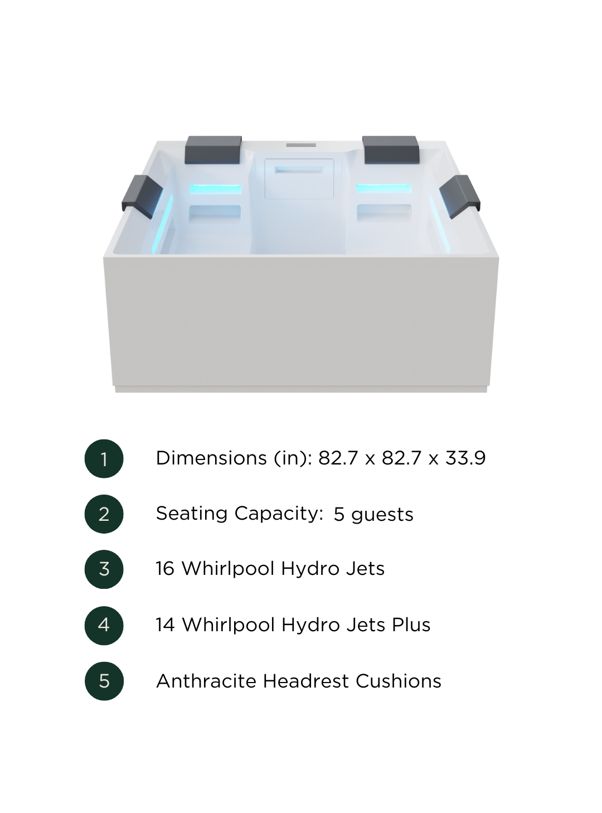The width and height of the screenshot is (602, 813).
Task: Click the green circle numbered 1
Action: coord(104,458)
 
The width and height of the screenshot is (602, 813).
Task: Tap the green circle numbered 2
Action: coord(104,514)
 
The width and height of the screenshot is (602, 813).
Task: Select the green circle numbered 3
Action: coord(104,569)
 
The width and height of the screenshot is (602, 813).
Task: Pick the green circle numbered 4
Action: coord(104,625)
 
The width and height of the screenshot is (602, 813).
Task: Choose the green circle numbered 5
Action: coord(104,681)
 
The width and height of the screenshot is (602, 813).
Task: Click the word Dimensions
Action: coord(211,458)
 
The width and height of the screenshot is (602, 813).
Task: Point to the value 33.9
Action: coord(465,458)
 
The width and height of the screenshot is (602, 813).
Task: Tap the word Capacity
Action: coord(279,514)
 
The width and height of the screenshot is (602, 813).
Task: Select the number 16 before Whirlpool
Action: coord(165,569)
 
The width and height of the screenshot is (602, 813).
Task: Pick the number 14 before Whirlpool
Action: coord(165,625)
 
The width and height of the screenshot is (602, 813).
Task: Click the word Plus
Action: coord(411,625)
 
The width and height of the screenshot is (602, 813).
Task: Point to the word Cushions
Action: coord(399,681)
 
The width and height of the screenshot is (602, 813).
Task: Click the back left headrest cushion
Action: coord(213,150)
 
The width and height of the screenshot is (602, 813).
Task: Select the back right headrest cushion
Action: coord(391,150)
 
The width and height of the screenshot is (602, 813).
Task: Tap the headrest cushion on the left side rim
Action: coord(142,197)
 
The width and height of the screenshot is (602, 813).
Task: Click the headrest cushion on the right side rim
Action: coord(459,197)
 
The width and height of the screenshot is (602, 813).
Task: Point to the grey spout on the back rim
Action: coord(301,145)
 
